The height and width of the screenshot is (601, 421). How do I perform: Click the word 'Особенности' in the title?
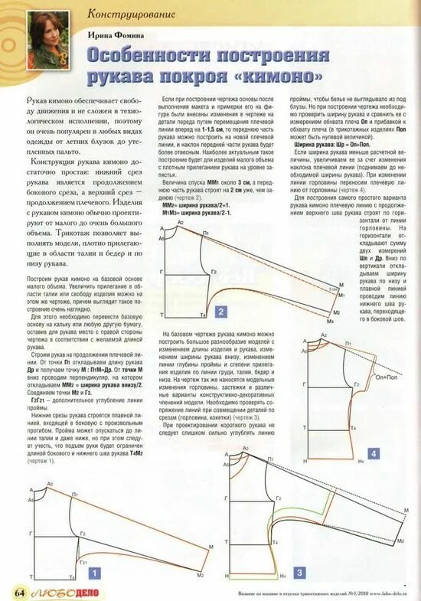point(156,56)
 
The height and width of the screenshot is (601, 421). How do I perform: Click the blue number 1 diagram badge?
point(94,571)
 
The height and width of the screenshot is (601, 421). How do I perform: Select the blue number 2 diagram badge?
point(220,311)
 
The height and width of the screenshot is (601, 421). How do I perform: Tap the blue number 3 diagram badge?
point(299,572)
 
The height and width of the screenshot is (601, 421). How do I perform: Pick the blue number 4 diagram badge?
point(373,454)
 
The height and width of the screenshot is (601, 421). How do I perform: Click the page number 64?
point(19,593)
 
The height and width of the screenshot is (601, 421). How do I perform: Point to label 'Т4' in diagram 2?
point(203,315)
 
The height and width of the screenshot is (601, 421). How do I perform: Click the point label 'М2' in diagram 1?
point(201,574)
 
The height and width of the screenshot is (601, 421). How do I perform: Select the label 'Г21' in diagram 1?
point(83,561)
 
